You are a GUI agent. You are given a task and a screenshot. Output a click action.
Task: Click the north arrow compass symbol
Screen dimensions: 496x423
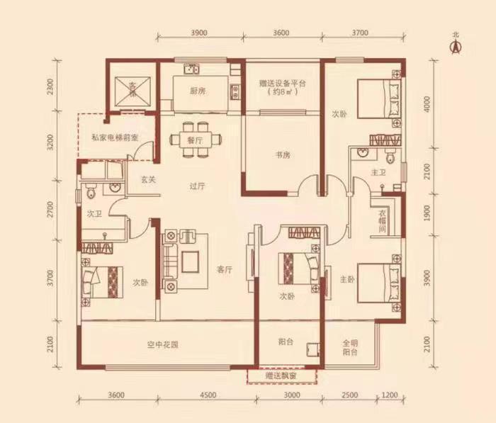456,47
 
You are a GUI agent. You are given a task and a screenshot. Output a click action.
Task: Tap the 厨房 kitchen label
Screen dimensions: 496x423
198,91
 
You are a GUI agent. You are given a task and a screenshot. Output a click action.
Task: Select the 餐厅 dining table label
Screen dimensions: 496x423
195,140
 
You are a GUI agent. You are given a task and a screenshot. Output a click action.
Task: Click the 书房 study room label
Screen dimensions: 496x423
283,155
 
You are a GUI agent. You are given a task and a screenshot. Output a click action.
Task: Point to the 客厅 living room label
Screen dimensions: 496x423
225,269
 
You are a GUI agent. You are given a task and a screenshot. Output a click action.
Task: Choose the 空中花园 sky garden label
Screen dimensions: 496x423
162,344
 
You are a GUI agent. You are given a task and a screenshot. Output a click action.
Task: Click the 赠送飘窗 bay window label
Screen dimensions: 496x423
281,376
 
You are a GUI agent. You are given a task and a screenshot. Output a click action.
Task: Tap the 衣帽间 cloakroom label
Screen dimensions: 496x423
383,221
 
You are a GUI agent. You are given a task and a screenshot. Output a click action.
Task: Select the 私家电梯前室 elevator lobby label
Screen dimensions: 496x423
115,137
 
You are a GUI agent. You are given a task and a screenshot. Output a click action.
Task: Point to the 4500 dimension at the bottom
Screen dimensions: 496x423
208,395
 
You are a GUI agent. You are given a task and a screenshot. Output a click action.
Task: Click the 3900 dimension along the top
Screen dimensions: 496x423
199,33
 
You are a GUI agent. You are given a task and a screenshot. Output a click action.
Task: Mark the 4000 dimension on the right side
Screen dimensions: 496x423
428,104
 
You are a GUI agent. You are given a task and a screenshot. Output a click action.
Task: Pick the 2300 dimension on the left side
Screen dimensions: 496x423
50,86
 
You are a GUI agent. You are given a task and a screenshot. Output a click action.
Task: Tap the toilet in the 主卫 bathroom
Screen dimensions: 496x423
390,155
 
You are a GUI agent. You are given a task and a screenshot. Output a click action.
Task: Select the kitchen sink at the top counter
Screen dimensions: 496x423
191,69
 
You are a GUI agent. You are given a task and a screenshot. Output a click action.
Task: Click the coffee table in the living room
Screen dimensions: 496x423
190,261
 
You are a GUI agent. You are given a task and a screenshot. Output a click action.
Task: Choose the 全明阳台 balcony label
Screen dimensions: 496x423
350,347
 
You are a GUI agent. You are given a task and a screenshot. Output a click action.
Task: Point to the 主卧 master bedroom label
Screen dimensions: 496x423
347,279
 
